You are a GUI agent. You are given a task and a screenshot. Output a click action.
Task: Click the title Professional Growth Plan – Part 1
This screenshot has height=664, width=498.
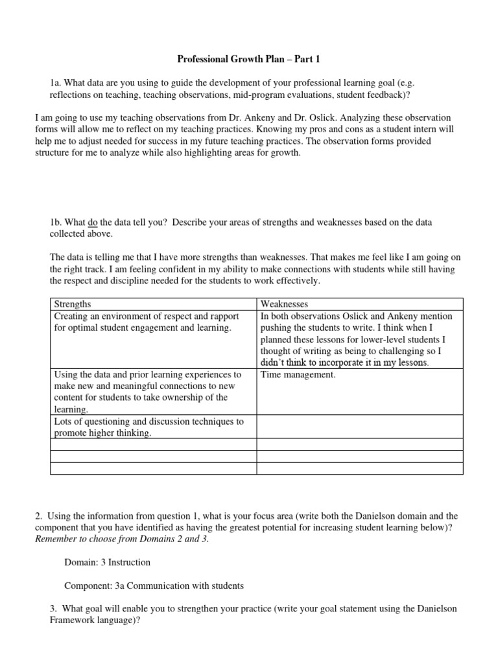pos(249,60)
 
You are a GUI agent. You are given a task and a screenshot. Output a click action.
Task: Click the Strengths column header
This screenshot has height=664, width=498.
pos(73,304)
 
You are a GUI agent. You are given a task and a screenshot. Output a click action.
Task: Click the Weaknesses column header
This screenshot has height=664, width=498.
pos(284,304)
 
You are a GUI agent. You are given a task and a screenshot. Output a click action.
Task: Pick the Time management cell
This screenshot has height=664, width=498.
pos(298,375)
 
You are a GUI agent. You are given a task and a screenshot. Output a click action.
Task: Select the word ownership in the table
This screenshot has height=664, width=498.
pos(193,398)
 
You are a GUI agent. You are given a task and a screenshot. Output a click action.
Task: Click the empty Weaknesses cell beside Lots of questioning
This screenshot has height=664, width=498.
pos(360,427)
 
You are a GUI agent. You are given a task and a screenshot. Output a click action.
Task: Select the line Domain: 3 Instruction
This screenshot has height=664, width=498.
pos(107,563)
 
